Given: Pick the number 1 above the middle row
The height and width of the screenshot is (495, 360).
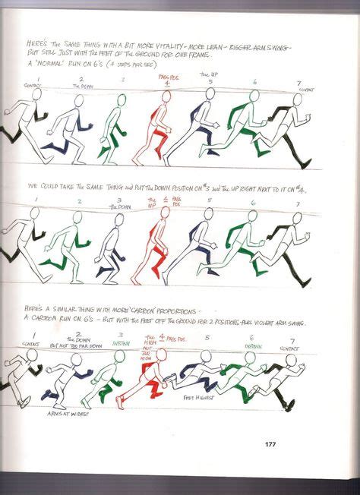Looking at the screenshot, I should tap(35, 200).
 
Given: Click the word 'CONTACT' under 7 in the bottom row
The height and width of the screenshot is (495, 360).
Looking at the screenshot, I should tap(289, 348).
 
